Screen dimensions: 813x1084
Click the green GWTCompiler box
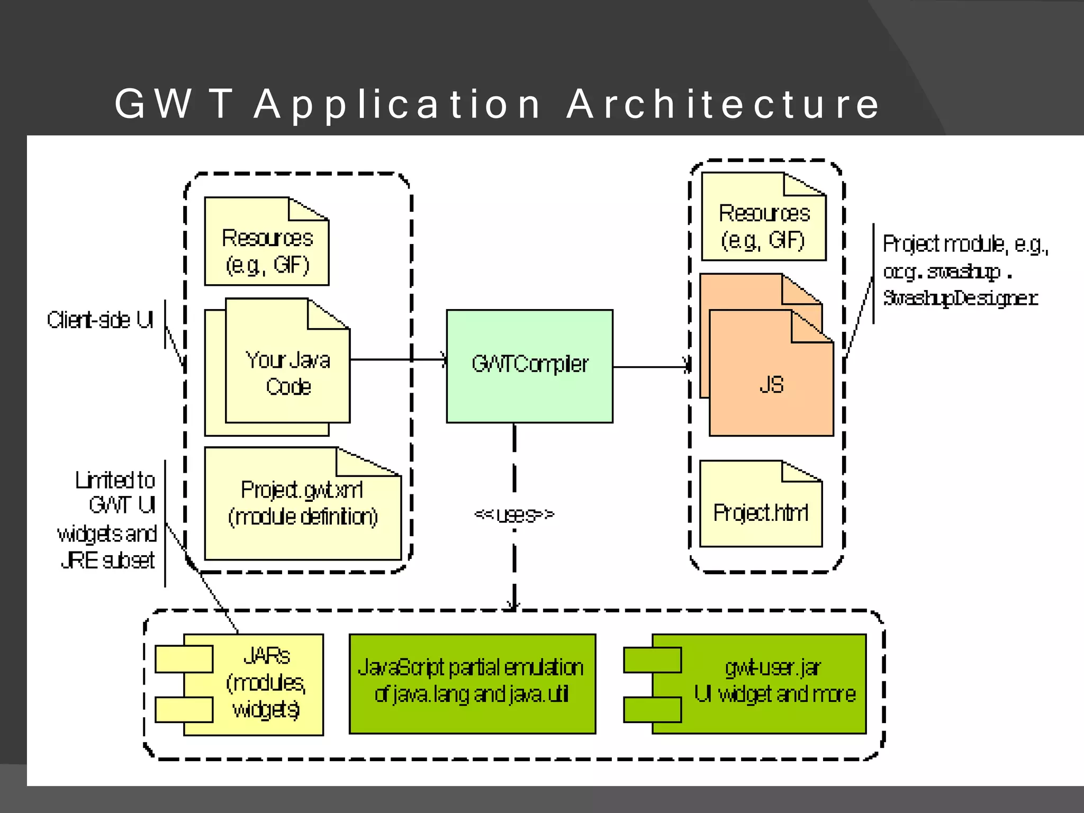pyautogui.click(x=529, y=366)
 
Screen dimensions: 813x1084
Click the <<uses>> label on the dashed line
pyautogui.click(x=514, y=514)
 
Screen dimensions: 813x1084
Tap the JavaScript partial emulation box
pyautogui.click(x=472, y=682)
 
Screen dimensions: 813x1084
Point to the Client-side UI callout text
pyautogui.click(x=100, y=320)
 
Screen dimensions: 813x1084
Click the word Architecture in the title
pyautogui.click(x=723, y=104)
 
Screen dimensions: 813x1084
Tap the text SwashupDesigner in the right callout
pyautogui.click(x=960, y=299)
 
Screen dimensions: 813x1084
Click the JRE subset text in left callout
pyautogui.click(x=108, y=561)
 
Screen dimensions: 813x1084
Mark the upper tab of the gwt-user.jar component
pyautogui.click(x=652, y=660)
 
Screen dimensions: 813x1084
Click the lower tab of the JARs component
pyautogui.click(x=184, y=709)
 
